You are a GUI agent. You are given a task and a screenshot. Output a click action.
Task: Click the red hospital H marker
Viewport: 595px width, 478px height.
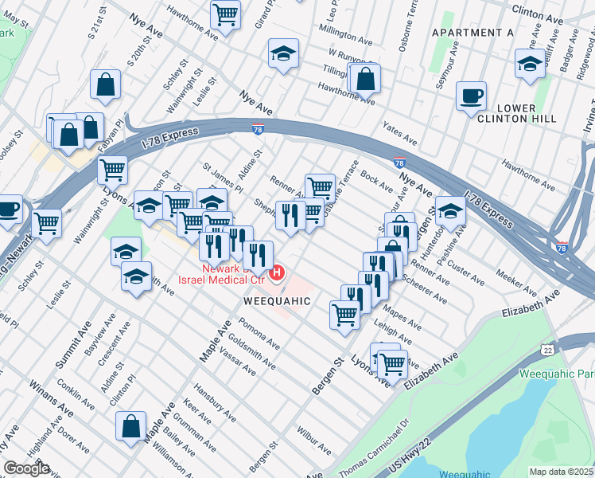click(277, 274)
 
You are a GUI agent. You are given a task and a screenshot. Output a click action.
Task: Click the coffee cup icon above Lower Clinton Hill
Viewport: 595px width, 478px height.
click(472, 95)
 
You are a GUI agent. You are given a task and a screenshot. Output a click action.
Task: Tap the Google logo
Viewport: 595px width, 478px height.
click(26, 468)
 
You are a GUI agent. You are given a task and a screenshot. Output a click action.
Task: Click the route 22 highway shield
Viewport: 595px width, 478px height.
click(547, 350)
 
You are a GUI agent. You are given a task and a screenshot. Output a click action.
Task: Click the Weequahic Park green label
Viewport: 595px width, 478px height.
click(556, 374)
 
